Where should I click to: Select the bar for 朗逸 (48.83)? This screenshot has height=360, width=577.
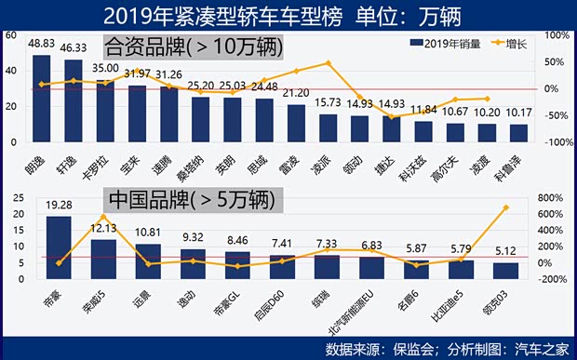coord(42,98)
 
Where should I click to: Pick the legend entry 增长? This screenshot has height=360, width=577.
coord(516,43)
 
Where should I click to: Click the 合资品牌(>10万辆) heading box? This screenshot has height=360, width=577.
coord(193,45)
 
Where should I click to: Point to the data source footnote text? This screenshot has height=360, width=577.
coord(446,349)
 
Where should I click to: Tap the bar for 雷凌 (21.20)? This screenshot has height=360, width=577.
coord(296,123)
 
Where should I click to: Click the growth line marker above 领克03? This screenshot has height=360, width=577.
coord(505,207)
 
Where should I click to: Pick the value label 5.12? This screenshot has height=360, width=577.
coord(505,251)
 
